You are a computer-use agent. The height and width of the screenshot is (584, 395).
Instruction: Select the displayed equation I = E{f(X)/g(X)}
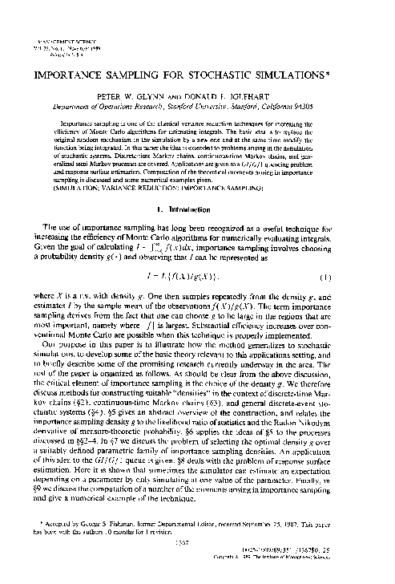[197, 275]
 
